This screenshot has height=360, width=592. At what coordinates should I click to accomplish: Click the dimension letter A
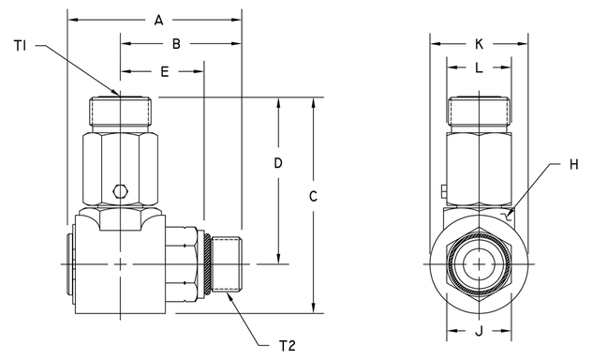coord(158,20)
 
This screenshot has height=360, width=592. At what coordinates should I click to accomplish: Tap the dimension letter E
coord(165,70)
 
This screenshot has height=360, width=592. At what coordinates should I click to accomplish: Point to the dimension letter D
coord(278,162)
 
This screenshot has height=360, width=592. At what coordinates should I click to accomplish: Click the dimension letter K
coord(479,43)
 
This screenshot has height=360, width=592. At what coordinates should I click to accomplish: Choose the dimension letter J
coord(479,329)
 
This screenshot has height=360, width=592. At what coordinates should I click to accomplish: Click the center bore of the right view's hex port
coord(479,264)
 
